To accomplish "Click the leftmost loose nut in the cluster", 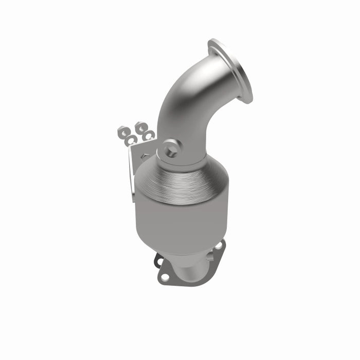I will pos(123,132).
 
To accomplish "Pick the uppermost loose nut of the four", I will pos(140,127).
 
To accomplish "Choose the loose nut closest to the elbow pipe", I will pos(149,135).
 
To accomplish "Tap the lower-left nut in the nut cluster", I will pos(132,139).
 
